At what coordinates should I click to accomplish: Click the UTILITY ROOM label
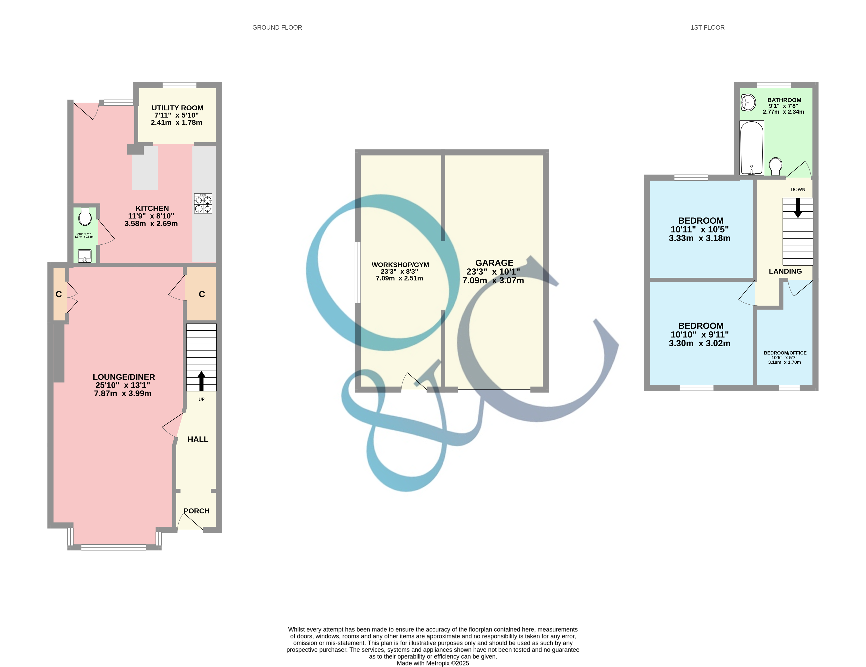coord(177,108)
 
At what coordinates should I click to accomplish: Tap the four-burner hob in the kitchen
coord(203,204)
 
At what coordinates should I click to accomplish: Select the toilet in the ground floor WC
coord(85,216)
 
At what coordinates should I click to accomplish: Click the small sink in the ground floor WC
coord(84,256)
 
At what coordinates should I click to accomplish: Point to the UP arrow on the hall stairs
coord(201,381)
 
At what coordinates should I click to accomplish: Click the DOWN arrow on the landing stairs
coord(798,208)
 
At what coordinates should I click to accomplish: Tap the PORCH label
coord(197,511)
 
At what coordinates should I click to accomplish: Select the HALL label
coord(198,439)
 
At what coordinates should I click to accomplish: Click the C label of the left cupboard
coord(59,294)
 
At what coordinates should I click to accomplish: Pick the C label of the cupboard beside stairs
coord(202,294)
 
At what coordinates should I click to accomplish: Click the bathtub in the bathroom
coord(751,148)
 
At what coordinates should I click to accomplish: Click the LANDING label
coord(785,271)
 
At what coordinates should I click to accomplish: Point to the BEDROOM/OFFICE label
coord(785,353)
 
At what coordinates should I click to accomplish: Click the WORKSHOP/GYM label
coord(400,265)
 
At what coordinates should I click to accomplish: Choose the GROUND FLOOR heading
coord(277,27)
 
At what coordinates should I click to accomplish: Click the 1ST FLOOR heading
coord(707,27)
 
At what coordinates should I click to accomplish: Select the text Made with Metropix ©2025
coord(433,663)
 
